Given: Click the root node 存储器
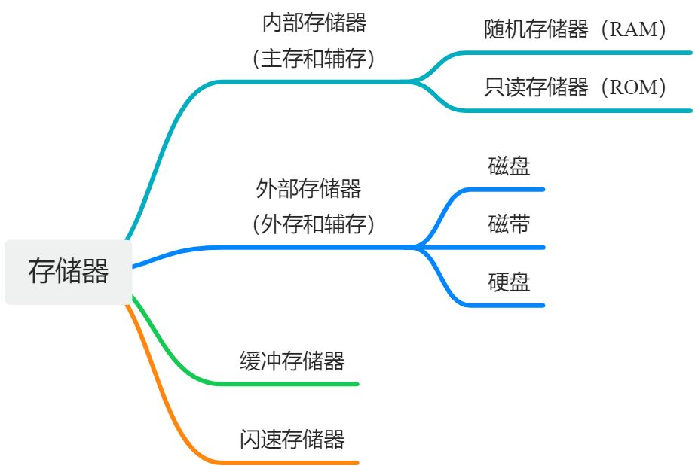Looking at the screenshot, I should (x=68, y=272).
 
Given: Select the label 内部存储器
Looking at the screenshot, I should (x=314, y=23).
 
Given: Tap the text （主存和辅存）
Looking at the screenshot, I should (x=314, y=59).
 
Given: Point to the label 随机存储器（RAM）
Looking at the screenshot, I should (x=577, y=30).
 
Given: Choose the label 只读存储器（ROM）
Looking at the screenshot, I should (x=577, y=88).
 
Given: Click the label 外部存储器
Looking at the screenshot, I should (x=309, y=188).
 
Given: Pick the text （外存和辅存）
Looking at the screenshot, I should (x=314, y=224).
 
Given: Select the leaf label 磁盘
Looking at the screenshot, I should (x=510, y=166).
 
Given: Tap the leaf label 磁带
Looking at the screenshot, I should (x=510, y=224).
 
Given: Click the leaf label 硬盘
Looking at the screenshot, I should (x=510, y=282).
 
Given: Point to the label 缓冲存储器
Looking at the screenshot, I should (x=292, y=361).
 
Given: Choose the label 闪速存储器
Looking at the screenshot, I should (x=292, y=439).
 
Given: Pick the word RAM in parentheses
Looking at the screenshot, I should (x=632, y=30).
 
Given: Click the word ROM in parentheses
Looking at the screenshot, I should (x=632, y=88).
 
